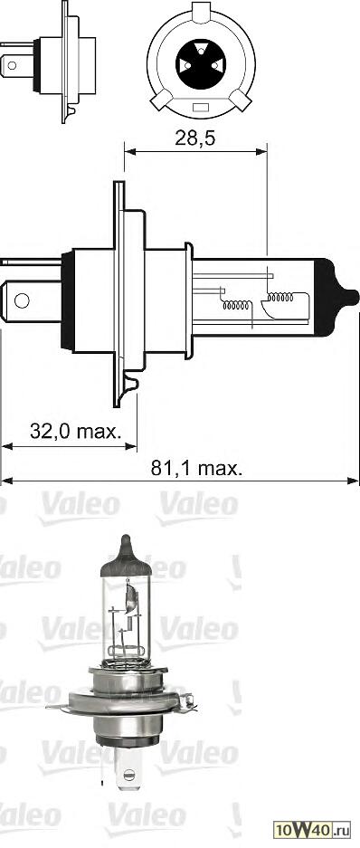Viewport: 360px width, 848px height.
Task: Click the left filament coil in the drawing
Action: [239, 305]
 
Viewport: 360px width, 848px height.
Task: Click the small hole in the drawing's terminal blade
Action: [21, 299]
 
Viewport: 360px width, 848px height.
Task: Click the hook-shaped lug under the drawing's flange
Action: [132, 386]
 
